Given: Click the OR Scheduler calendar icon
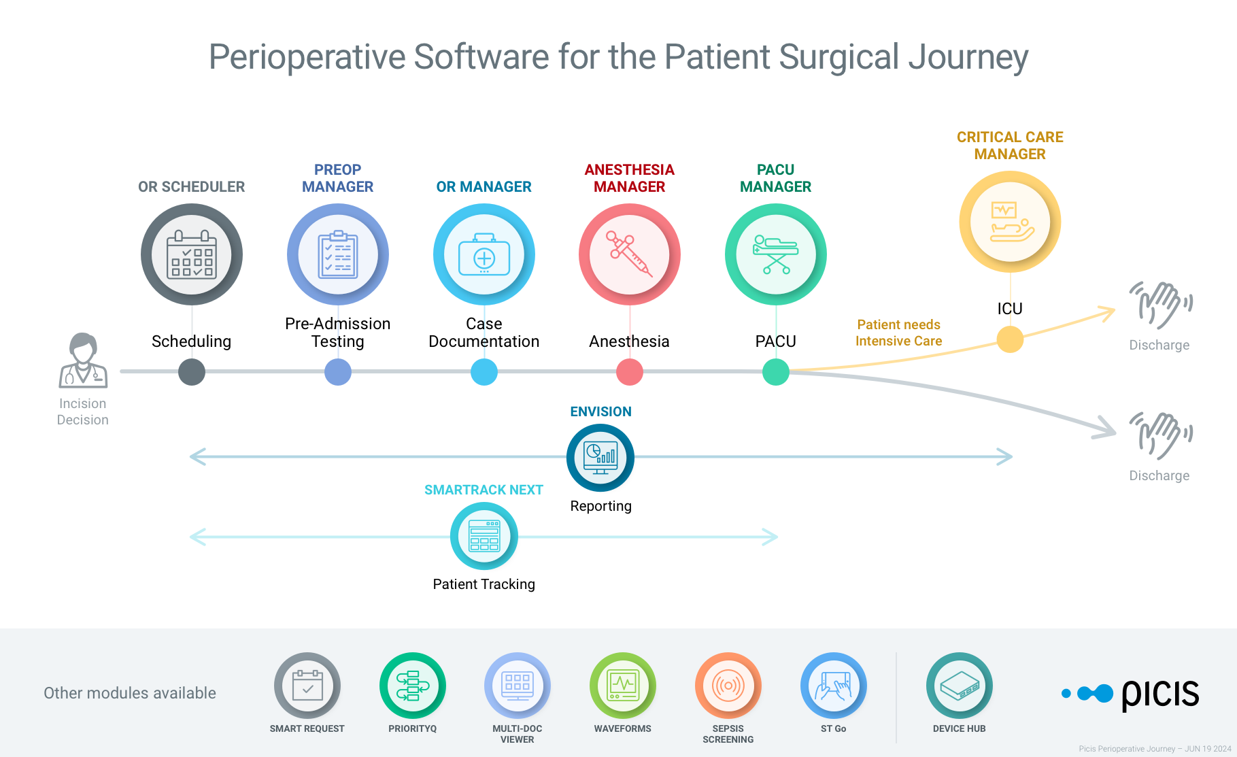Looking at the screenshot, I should (x=192, y=255).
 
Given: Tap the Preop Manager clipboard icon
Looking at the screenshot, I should (x=338, y=255).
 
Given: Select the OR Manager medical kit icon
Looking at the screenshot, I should (x=484, y=255).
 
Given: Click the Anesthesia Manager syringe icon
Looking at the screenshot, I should (x=630, y=255).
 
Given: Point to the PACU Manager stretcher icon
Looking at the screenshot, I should (x=776, y=255).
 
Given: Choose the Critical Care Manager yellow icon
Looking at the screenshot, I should (x=1010, y=222).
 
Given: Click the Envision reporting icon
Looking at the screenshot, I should (x=600, y=458).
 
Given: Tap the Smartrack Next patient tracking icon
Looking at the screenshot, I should (x=484, y=536).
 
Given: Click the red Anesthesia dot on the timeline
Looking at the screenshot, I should (x=630, y=372).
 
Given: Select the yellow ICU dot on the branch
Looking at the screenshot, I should (x=1010, y=339).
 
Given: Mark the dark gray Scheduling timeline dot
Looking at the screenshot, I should (x=192, y=372).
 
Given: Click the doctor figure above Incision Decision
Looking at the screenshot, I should (x=83, y=360).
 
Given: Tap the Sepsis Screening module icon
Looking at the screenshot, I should (x=728, y=686).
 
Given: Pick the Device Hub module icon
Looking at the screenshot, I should (x=959, y=686).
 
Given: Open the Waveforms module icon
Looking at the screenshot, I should (x=622, y=686).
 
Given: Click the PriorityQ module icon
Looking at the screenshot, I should (x=412, y=686).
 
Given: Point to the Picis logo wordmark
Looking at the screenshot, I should (x=1159, y=694).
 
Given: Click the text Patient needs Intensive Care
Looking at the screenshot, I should (x=898, y=333).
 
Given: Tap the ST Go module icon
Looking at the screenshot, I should (x=833, y=686).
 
